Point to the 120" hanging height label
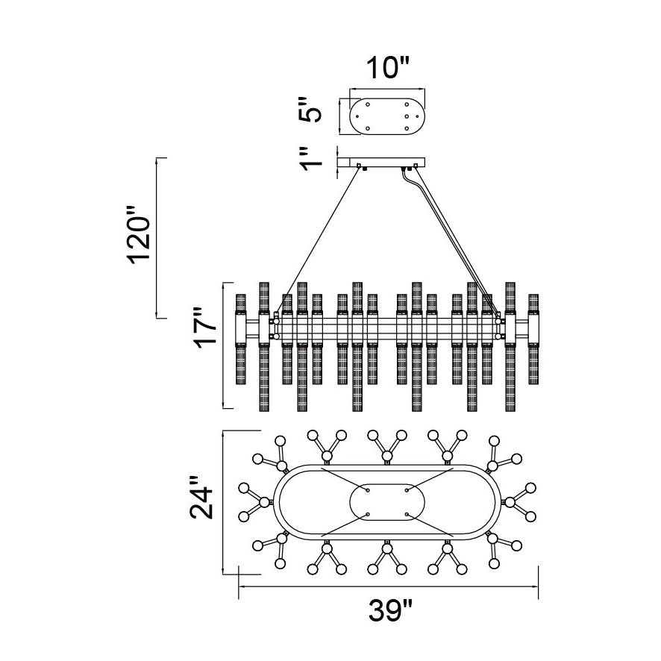click(x=140, y=238)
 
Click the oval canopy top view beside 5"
click(x=387, y=116)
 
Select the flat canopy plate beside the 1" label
click(x=381, y=161)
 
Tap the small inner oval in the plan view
click(x=387, y=502)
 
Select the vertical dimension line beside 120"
click(x=157, y=237)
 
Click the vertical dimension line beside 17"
click(x=223, y=345)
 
